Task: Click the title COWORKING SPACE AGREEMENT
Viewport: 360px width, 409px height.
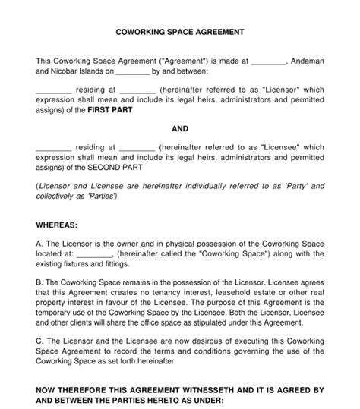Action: click(x=179, y=33)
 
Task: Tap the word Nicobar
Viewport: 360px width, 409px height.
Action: click(x=66, y=73)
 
